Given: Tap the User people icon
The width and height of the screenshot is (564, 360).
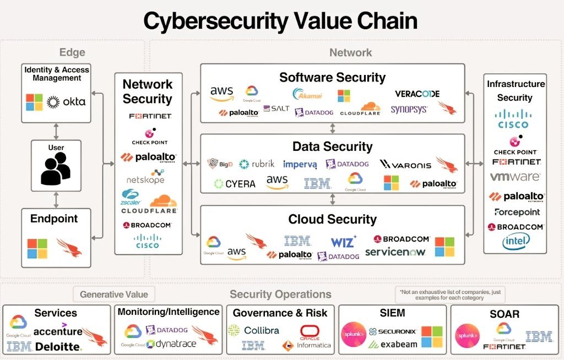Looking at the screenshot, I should [x=56, y=168].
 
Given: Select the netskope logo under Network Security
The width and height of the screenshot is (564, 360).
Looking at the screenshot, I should [x=145, y=179].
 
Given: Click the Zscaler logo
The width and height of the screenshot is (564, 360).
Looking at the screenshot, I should [x=131, y=197].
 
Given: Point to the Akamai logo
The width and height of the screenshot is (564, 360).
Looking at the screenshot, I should [x=307, y=94].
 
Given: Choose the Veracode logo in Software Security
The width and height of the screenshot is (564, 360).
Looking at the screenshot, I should [x=417, y=94].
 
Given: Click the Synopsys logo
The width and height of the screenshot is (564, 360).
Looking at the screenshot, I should [x=409, y=110].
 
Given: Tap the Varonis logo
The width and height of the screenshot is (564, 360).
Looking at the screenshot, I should [x=405, y=164].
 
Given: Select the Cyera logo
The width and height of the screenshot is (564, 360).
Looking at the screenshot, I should [x=235, y=183].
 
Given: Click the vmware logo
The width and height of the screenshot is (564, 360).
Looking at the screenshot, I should [x=516, y=177].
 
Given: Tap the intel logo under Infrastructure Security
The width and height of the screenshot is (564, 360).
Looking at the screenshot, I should [x=516, y=241].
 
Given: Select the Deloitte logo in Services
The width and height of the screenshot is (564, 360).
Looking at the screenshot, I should [x=58, y=346].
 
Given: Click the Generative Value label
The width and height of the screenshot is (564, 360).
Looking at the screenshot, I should [x=114, y=294].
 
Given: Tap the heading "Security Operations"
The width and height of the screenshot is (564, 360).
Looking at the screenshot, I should [x=280, y=294].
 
